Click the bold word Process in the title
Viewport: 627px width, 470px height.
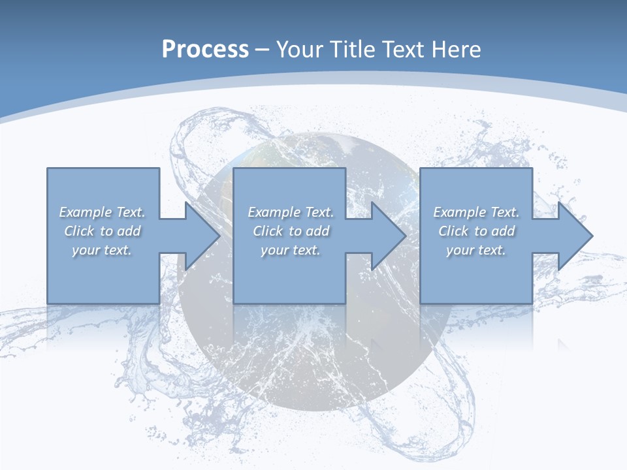pyautogui.click(x=205, y=50)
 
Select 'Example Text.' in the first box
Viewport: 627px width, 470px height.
pyautogui.click(x=102, y=212)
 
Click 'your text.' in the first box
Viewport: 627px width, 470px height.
pyautogui.click(x=102, y=250)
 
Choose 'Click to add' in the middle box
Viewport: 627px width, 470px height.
pyautogui.click(x=291, y=231)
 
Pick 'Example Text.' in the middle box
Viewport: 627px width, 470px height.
pyautogui.click(x=291, y=212)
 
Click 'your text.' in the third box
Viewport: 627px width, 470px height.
pyautogui.click(x=476, y=250)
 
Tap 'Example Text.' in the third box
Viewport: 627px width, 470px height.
pyautogui.click(x=476, y=212)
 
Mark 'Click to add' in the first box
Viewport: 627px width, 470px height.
pyautogui.click(x=102, y=231)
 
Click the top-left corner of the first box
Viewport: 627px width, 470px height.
pyautogui.click(x=48, y=168)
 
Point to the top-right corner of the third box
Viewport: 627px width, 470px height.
pyautogui.click(x=532, y=168)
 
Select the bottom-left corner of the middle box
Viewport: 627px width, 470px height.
pyautogui.click(x=234, y=303)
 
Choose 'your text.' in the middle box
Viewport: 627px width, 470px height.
pyautogui.click(x=291, y=250)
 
